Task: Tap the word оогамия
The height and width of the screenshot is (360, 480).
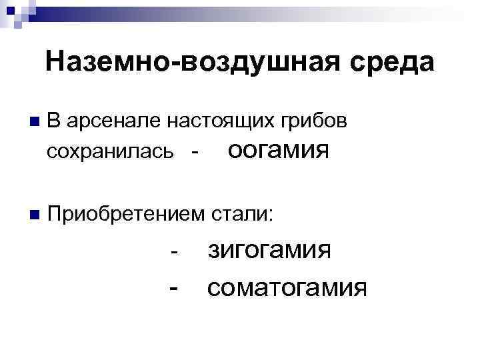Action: [x=279, y=151]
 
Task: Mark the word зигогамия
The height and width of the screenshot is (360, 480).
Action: [x=270, y=252]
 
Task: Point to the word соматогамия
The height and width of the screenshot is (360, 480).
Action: [x=287, y=289]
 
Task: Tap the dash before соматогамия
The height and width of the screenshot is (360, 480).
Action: [x=174, y=289]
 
